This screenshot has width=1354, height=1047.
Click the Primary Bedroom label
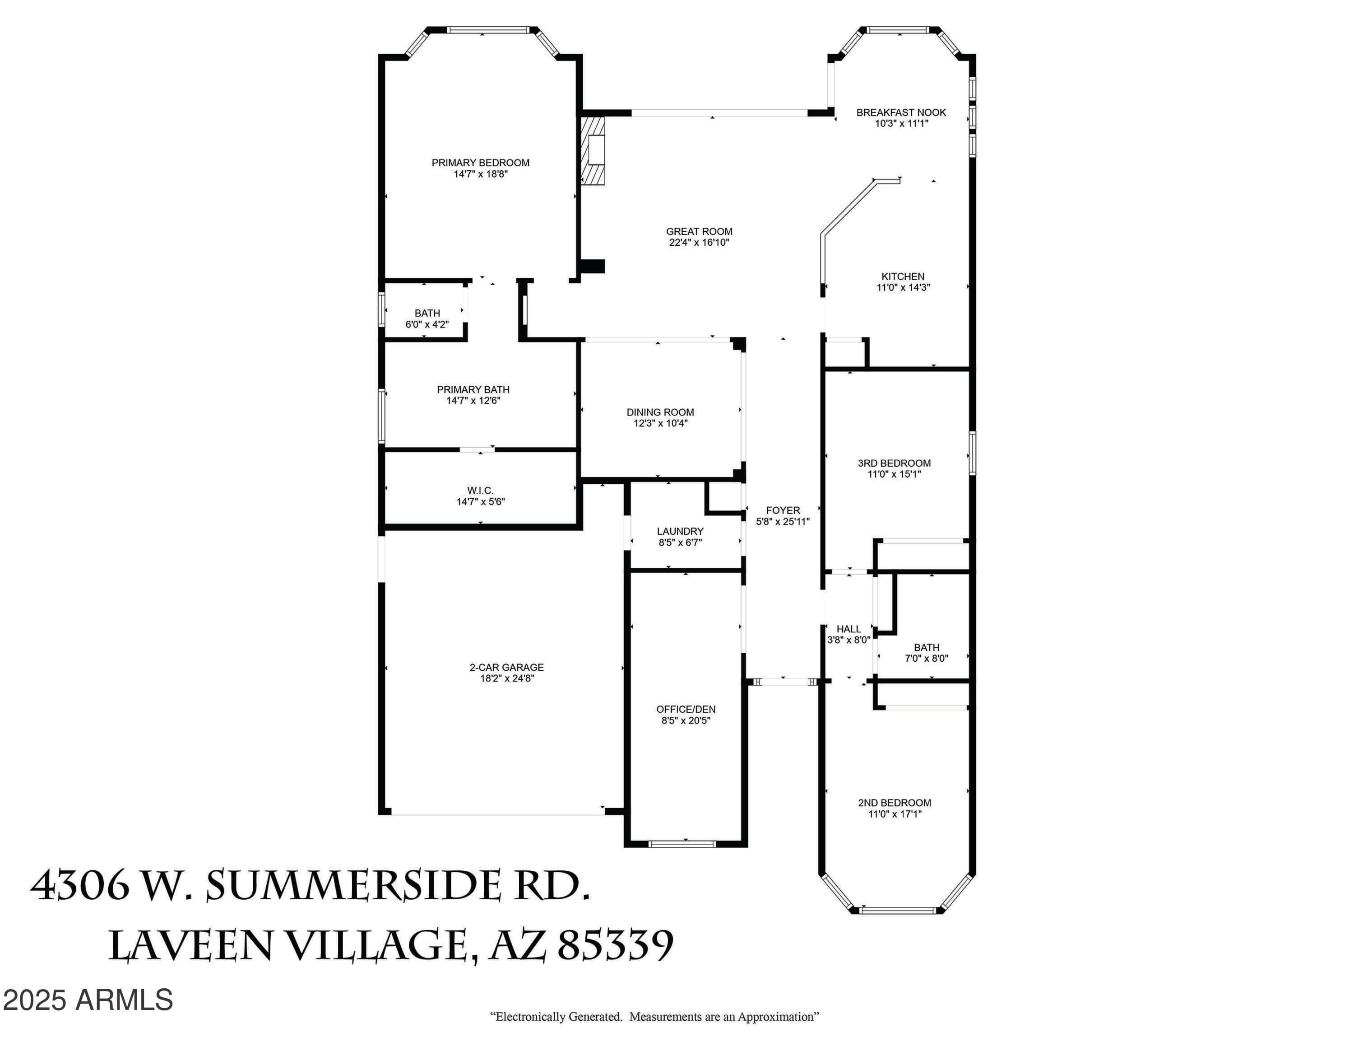click(x=481, y=163)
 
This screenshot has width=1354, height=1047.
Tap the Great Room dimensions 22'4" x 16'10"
click(x=699, y=243)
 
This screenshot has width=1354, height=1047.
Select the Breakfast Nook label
click(x=901, y=112)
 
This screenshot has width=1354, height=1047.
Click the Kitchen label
click(x=903, y=276)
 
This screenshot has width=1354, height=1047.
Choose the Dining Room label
click(x=660, y=412)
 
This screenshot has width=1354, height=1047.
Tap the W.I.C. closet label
click(x=481, y=491)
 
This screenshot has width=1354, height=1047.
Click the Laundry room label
click(x=680, y=532)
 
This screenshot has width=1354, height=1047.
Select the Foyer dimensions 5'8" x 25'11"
click(x=783, y=522)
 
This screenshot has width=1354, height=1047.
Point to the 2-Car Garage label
click(x=506, y=668)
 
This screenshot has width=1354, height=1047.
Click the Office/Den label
click(x=686, y=709)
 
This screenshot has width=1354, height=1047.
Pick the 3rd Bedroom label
click(x=894, y=463)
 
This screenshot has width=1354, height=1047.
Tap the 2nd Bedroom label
click(x=895, y=803)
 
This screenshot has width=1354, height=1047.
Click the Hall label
click(x=849, y=629)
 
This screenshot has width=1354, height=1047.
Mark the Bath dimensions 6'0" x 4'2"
click(x=427, y=324)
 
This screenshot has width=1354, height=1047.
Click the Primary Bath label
click(x=473, y=389)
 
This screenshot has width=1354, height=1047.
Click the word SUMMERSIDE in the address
click(x=353, y=885)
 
